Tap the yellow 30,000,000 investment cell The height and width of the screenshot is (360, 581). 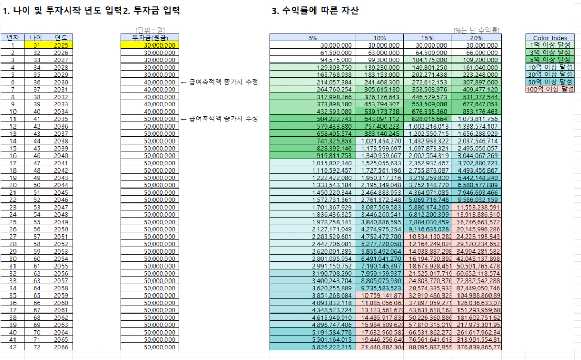click(150, 45)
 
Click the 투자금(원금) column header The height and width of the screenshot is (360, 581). click(150, 38)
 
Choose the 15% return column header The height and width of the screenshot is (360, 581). click(427, 38)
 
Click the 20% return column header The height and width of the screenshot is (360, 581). click(476, 38)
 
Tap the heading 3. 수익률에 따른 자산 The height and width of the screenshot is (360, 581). click(315, 10)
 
